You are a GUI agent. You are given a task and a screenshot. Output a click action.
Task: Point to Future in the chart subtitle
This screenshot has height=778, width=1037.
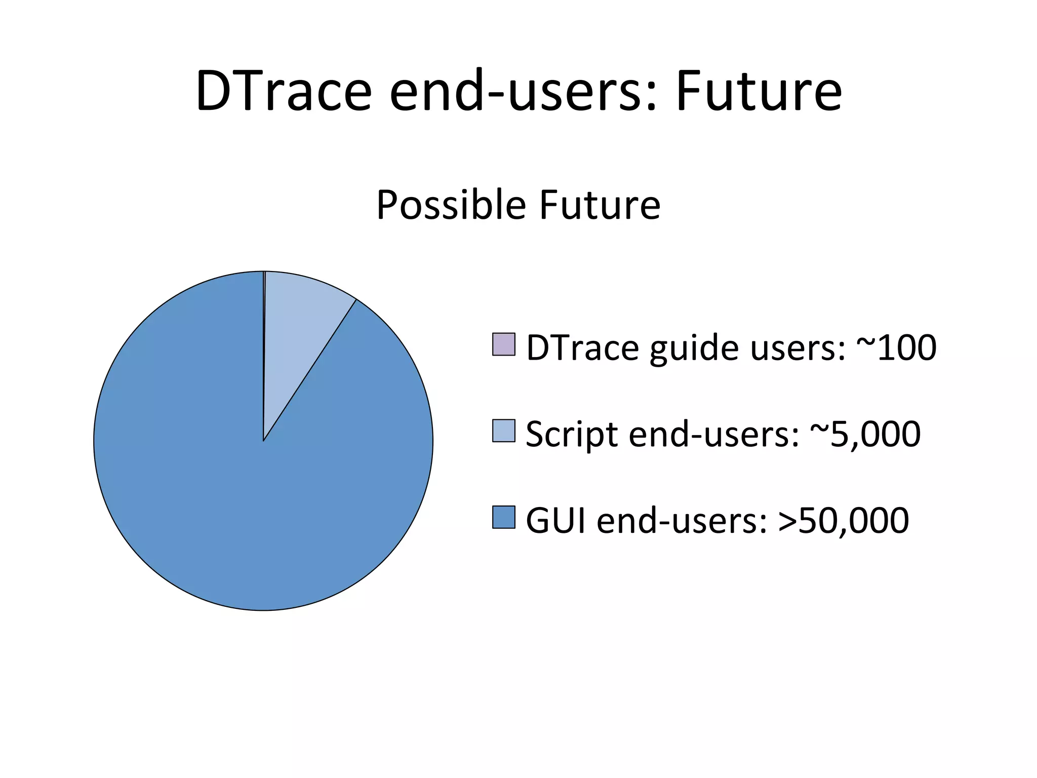(x=600, y=205)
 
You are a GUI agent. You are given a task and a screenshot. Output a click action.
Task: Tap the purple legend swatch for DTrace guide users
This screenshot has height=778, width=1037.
(x=503, y=344)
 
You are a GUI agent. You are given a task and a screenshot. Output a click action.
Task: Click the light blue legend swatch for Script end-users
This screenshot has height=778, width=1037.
(x=503, y=431)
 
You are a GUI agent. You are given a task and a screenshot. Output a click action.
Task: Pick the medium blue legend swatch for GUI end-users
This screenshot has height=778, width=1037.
(x=503, y=517)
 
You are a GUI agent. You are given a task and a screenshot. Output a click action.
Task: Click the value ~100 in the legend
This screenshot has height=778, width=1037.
(x=896, y=348)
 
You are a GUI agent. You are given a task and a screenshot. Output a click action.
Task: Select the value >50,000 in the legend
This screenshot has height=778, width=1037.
(x=844, y=521)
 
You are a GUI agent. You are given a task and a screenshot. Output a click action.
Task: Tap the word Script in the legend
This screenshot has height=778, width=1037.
(x=572, y=435)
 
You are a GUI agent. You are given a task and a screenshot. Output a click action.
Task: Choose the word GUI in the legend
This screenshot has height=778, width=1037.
(x=556, y=521)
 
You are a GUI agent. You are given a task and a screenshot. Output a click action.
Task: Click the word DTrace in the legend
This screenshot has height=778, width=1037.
(x=583, y=348)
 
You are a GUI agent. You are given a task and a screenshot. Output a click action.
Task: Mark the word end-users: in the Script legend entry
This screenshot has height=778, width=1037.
(x=714, y=435)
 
